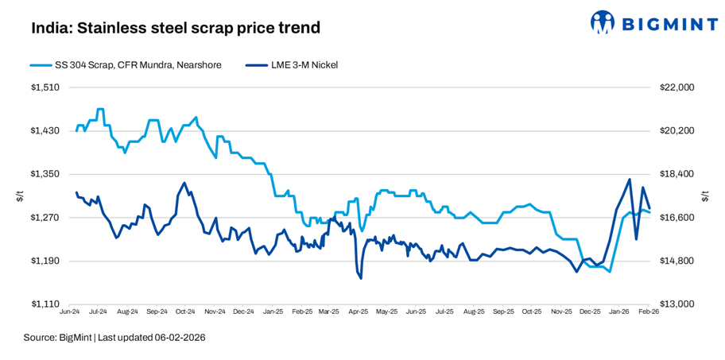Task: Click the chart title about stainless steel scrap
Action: coord(176,28)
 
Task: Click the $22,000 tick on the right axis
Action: coord(677,87)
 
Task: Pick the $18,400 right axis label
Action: coord(677,174)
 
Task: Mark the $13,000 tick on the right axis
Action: coord(677,304)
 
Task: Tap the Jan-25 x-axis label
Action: coord(273,313)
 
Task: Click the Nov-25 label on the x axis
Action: coord(562,313)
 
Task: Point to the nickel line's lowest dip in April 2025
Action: coord(361,278)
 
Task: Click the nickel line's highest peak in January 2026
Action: coord(630,180)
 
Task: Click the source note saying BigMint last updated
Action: coord(114,338)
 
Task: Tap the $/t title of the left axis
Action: coord(20,196)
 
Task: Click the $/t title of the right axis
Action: coord(705,196)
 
